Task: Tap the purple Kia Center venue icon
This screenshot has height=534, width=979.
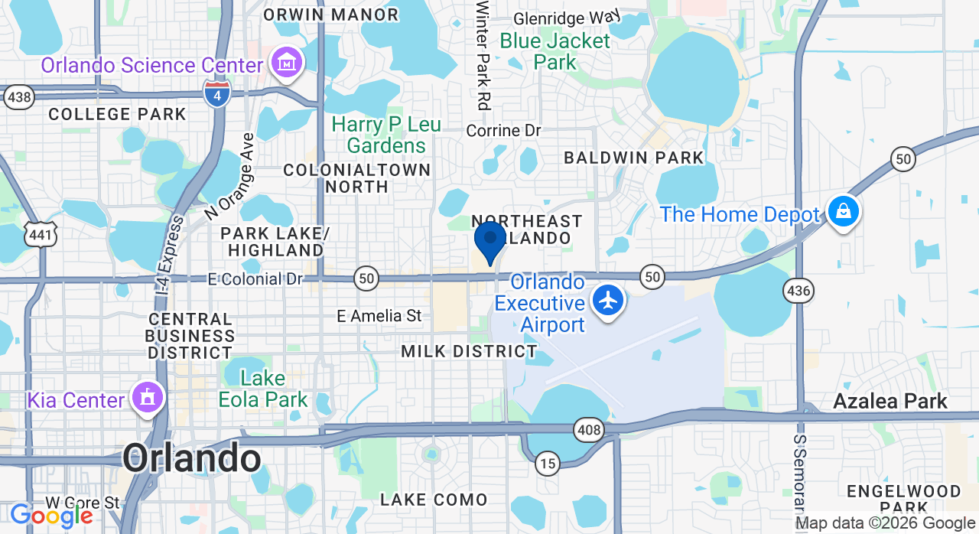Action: click(x=148, y=398)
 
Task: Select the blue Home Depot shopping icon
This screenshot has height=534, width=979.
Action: click(x=843, y=212)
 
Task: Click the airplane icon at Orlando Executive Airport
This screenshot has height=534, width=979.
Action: click(x=608, y=300)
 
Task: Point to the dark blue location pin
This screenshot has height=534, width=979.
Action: click(x=489, y=241)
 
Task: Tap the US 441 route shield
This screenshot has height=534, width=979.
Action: click(x=40, y=234)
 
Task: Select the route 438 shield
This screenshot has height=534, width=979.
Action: click(x=18, y=97)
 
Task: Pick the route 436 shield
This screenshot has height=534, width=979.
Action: click(x=798, y=291)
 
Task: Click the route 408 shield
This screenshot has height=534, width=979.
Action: click(x=589, y=430)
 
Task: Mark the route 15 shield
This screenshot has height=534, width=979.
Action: click(x=547, y=462)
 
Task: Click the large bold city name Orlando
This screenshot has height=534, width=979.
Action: click(x=192, y=458)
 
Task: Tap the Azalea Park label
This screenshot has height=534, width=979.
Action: click(x=890, y=401)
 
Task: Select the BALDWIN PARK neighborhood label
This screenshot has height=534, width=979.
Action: click(x=633, y=158)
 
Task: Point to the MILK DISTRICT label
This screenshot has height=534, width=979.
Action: click(x=470, y=351)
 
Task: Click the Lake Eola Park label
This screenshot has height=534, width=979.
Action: click(x=263, y=389)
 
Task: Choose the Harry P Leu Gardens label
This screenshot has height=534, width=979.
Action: click(x=386, y=135)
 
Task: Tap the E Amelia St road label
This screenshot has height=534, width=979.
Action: click(x=380, y=315)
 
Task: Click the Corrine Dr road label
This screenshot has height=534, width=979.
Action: click(x=503, y=131)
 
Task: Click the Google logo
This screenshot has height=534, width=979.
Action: click(x=51, y=516)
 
